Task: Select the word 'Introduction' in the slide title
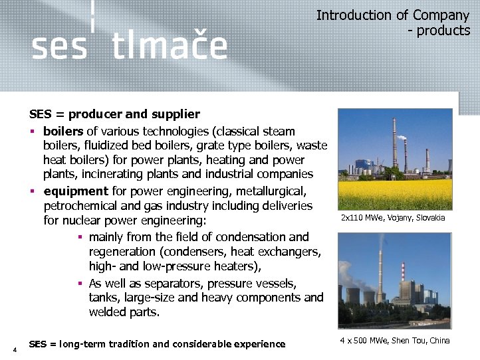tap(354, 15)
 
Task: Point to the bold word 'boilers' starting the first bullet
tap(63, 132)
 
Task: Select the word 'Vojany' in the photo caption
tap(394, 218)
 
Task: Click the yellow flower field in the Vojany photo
tap(394, 194)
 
